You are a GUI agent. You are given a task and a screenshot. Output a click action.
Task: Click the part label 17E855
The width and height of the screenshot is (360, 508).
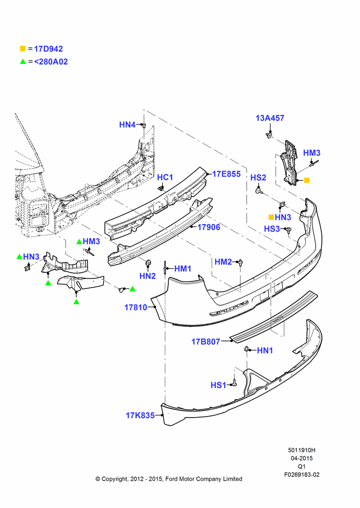tap(226, 174)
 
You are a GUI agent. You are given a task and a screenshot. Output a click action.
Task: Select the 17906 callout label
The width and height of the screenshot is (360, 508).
tap(208, 227)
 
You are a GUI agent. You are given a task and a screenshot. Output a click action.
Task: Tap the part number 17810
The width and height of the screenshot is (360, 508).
tap(136, 307)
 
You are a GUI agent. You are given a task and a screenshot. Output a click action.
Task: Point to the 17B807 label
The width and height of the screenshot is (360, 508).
tap(206, 341)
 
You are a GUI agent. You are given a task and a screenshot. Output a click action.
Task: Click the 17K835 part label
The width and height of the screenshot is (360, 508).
tap(140, 416)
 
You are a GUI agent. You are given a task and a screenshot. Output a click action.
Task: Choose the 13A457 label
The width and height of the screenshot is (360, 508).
tap(270, 118)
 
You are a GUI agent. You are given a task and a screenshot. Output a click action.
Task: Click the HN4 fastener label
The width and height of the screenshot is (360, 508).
tap(127, 125)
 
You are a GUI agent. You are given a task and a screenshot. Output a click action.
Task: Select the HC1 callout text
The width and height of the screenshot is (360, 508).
tap(165, 177)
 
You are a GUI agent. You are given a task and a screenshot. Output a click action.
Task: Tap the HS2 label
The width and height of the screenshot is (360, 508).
tap(258, 177)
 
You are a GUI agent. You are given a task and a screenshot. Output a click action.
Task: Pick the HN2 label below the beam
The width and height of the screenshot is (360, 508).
tap(147, 276)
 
